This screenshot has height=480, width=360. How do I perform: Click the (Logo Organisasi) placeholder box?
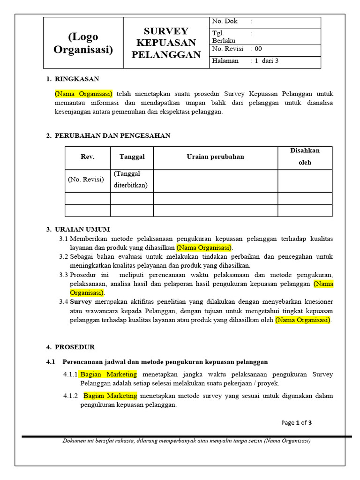click(x=83, y=43)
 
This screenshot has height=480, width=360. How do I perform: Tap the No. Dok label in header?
click(x=225, y=21)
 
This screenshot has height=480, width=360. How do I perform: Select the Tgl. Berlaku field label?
click(x=222, y=37)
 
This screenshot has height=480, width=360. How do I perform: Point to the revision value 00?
click(x=258, y=49)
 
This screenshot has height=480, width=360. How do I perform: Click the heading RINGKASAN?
click(x=77, y=79)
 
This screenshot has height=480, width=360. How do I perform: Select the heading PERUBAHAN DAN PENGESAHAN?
click(x=112, y=135)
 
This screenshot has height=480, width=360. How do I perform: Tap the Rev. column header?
click(x=88, y=157)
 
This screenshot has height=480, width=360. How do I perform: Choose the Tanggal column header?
click(x=132, y=157)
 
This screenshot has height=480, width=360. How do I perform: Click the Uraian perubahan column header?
click(x=215, y=157)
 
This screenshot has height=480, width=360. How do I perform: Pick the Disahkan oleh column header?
click(x=305, y=157)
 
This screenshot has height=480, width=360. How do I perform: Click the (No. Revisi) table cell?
click(x=86, y=180)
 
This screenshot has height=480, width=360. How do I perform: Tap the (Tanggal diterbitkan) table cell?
click(x=131, y=180)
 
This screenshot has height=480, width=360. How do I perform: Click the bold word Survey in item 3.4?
click(x=81, y=301)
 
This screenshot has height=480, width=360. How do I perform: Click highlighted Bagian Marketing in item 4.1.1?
click(x=109, y=374)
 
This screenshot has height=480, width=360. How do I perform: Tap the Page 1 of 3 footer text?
click(x=296, y=422)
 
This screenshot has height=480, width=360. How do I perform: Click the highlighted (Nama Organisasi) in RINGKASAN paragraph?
click(x=83, y=93)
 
